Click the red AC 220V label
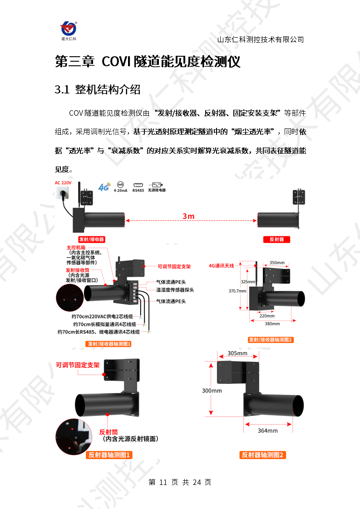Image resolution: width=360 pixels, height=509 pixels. click(63, 183)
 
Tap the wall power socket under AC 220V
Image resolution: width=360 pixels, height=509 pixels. click(62, 193)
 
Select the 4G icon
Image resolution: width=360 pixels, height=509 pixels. click(104, 187)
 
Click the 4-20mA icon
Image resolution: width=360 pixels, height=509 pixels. click(121, 187)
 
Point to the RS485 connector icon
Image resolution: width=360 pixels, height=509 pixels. click(138, 187)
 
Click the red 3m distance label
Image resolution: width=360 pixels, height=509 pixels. click(188, 216)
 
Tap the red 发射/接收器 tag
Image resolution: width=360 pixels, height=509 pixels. click(92, 240)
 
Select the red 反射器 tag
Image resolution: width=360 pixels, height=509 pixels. click(276, 240)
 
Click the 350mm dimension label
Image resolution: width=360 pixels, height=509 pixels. click(277, 263)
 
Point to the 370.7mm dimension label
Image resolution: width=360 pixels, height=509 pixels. click(237, 291)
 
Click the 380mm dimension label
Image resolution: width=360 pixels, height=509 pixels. click(272, 323)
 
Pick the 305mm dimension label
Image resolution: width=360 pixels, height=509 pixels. click(237, 353)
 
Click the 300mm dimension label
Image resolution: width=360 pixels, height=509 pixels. click(212, 391)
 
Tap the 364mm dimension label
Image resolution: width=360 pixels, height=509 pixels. click(268, 431)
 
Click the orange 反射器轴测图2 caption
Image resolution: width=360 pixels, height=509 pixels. click(262, 455)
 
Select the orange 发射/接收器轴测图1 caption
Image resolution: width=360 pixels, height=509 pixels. click(109, 344)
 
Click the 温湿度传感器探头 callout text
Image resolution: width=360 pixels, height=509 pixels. click(175, 290)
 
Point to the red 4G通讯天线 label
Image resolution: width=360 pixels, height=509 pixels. click(221, 266)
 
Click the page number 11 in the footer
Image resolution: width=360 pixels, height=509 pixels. click(163, 482)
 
